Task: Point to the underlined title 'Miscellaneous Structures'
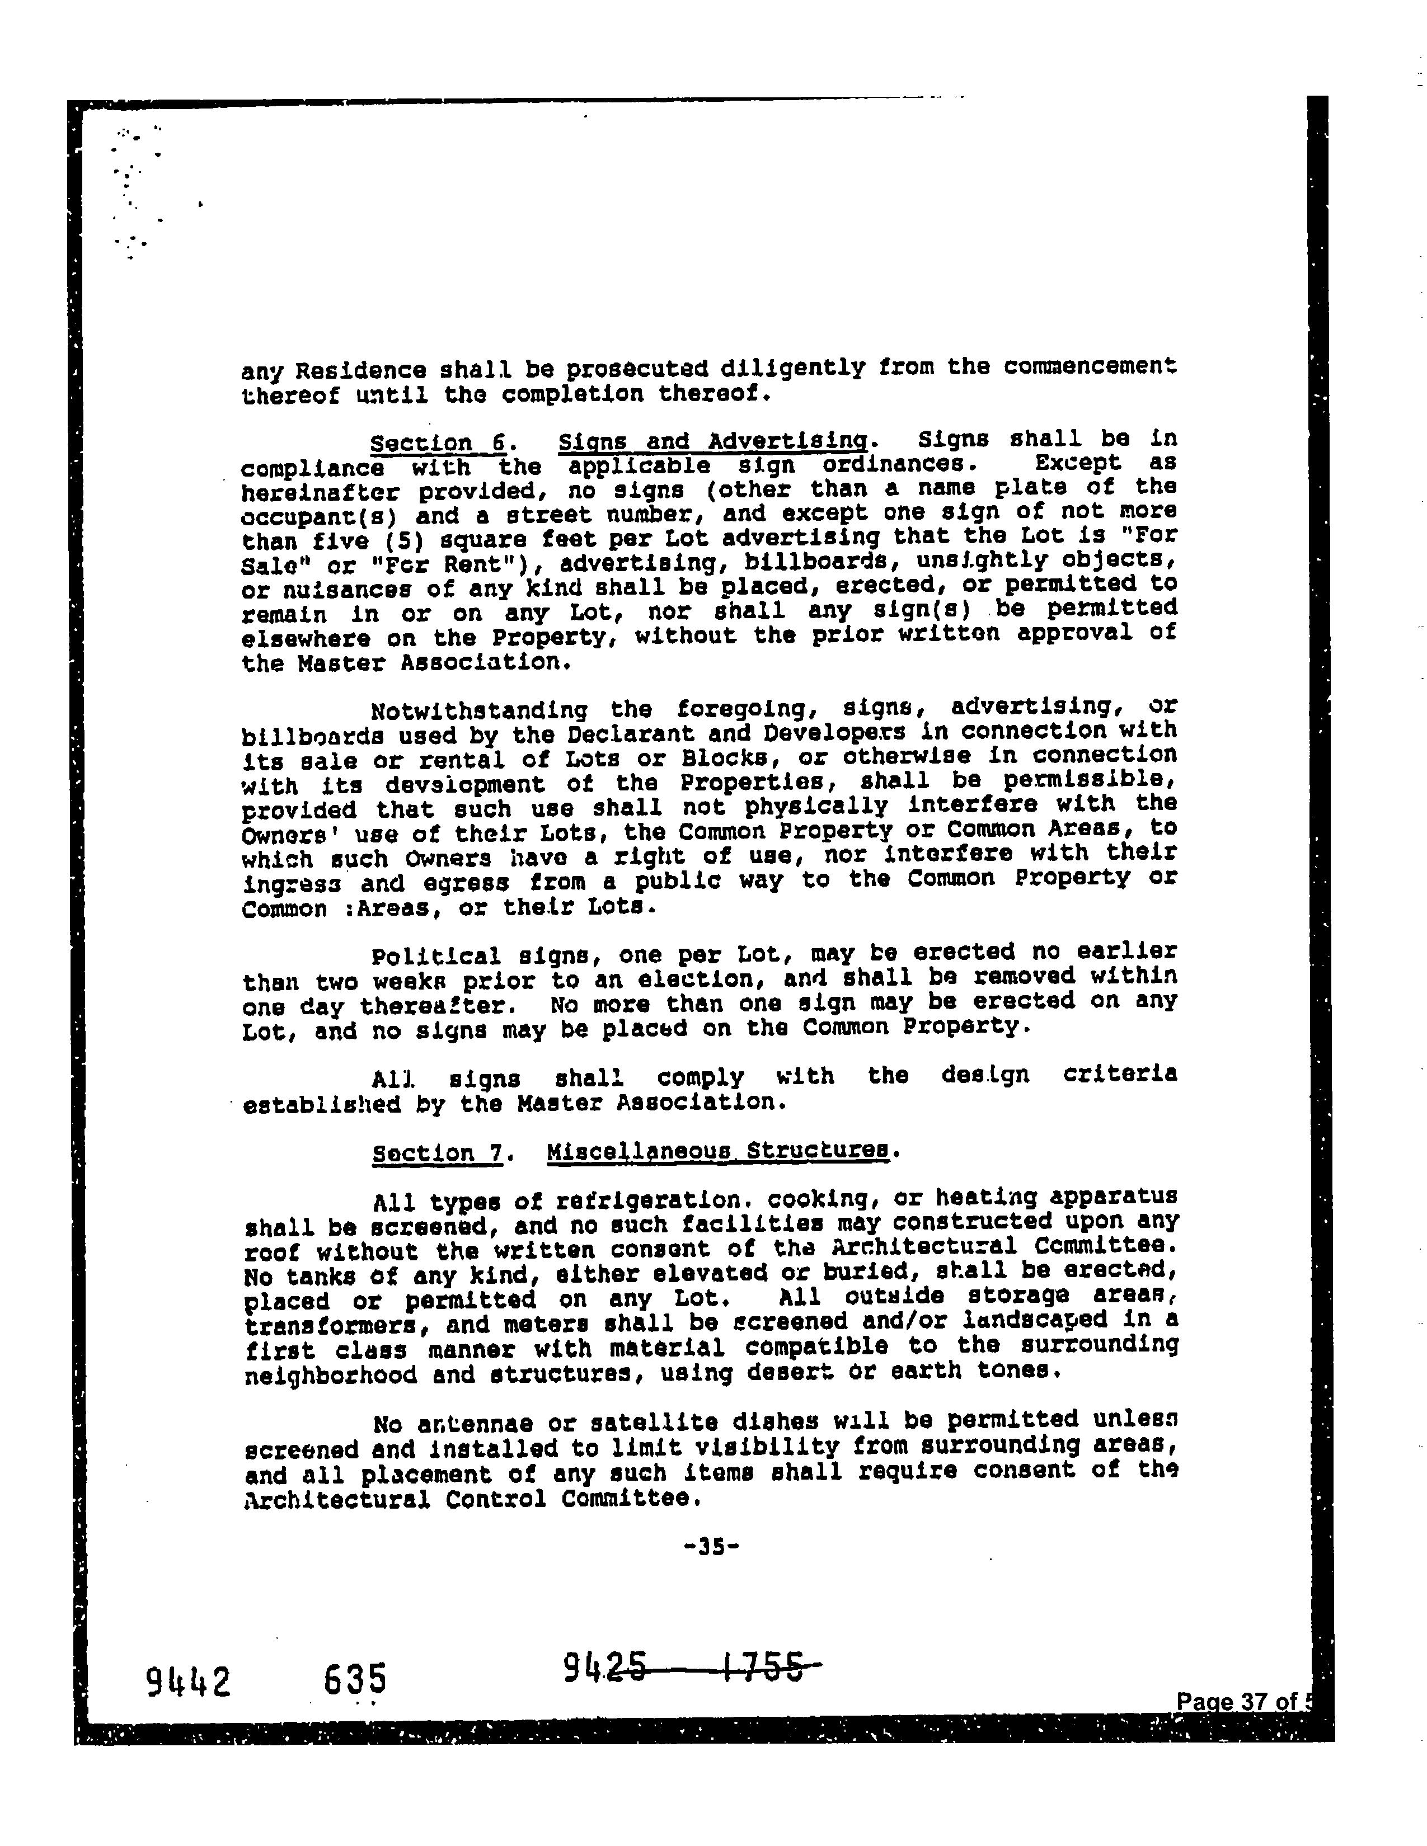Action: (718, 1151)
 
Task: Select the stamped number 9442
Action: (187, 1681)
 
